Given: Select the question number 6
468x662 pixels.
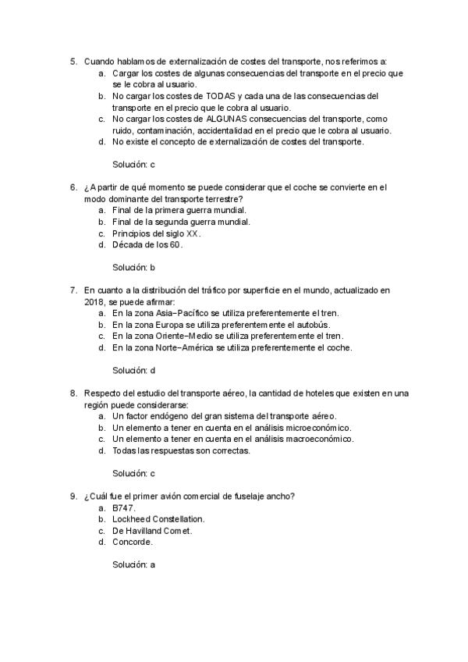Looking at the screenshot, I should click(x=73, y=187).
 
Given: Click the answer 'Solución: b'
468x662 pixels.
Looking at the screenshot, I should click(x=134, y=267).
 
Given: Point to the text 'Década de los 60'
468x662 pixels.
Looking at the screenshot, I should click(x=147, y=244).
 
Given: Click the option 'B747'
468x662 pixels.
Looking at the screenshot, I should click(x=124, y=507).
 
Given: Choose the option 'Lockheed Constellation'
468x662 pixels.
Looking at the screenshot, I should click(x=158, y=518).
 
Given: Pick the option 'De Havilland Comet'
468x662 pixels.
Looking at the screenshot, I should click(x=152, y=530).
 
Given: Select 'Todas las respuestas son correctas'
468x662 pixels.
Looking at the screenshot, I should click(x=181, y=450).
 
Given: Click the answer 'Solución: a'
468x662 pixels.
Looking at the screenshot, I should click(x=134, y=564).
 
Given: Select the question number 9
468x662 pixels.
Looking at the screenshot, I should click(x=73, y=496).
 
